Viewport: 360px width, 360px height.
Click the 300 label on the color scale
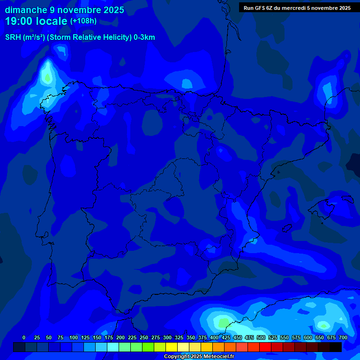coord(167,337)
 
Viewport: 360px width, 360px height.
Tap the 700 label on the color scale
coord(343,337)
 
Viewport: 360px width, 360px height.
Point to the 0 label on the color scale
coord(24,337)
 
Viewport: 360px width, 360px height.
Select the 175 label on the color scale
coord(109,337)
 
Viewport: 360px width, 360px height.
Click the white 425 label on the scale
coord(226,337)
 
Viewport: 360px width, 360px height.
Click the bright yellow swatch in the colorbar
coord(171,347)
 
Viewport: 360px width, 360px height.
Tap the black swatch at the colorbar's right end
coord(336,347)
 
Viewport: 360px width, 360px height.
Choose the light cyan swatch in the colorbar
coord(112,347)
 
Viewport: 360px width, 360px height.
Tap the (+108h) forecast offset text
coord(83,21)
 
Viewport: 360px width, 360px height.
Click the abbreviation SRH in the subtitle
coord(13,37)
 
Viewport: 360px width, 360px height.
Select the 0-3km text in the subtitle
coord(144,37)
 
